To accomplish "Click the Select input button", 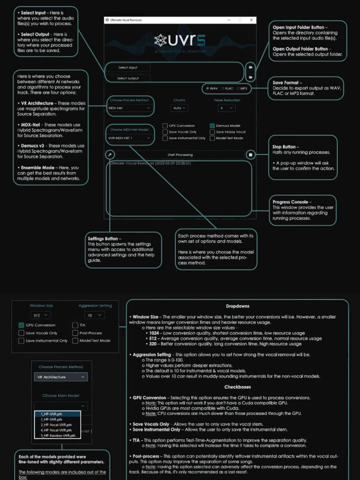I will coord(127,67).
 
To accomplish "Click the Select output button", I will coord(127,78).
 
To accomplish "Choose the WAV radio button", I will coord(207,88).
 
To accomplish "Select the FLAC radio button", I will coord(224,88).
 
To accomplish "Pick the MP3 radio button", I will coord(238,88).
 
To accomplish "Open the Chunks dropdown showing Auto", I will coord(179,108).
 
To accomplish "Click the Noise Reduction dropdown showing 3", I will coord(226,108).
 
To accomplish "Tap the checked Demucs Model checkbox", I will coord(212,126).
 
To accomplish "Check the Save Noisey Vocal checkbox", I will coord(212,132).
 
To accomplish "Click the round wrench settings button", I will coord(110,155).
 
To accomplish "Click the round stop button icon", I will coord(251,155).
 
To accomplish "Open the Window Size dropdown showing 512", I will coord(40,315).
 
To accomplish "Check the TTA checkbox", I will coord(75,325).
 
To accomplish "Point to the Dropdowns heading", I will coord(238,306).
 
